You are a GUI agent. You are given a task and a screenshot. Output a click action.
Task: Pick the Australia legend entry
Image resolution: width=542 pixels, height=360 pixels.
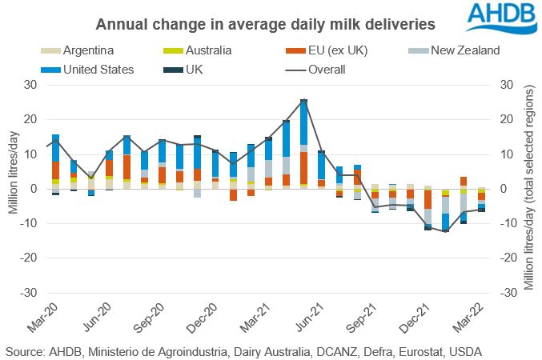pos(206,52)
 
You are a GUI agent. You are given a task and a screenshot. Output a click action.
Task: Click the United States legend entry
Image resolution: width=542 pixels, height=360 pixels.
pos(100,70)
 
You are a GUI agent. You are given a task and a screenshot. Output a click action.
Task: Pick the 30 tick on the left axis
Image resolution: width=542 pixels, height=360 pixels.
pos(30,84)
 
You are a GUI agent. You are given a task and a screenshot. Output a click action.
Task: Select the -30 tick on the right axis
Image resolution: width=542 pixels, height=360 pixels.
pos(507,294)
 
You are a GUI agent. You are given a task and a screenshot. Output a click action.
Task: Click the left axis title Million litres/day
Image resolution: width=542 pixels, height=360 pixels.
pos(13,189)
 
